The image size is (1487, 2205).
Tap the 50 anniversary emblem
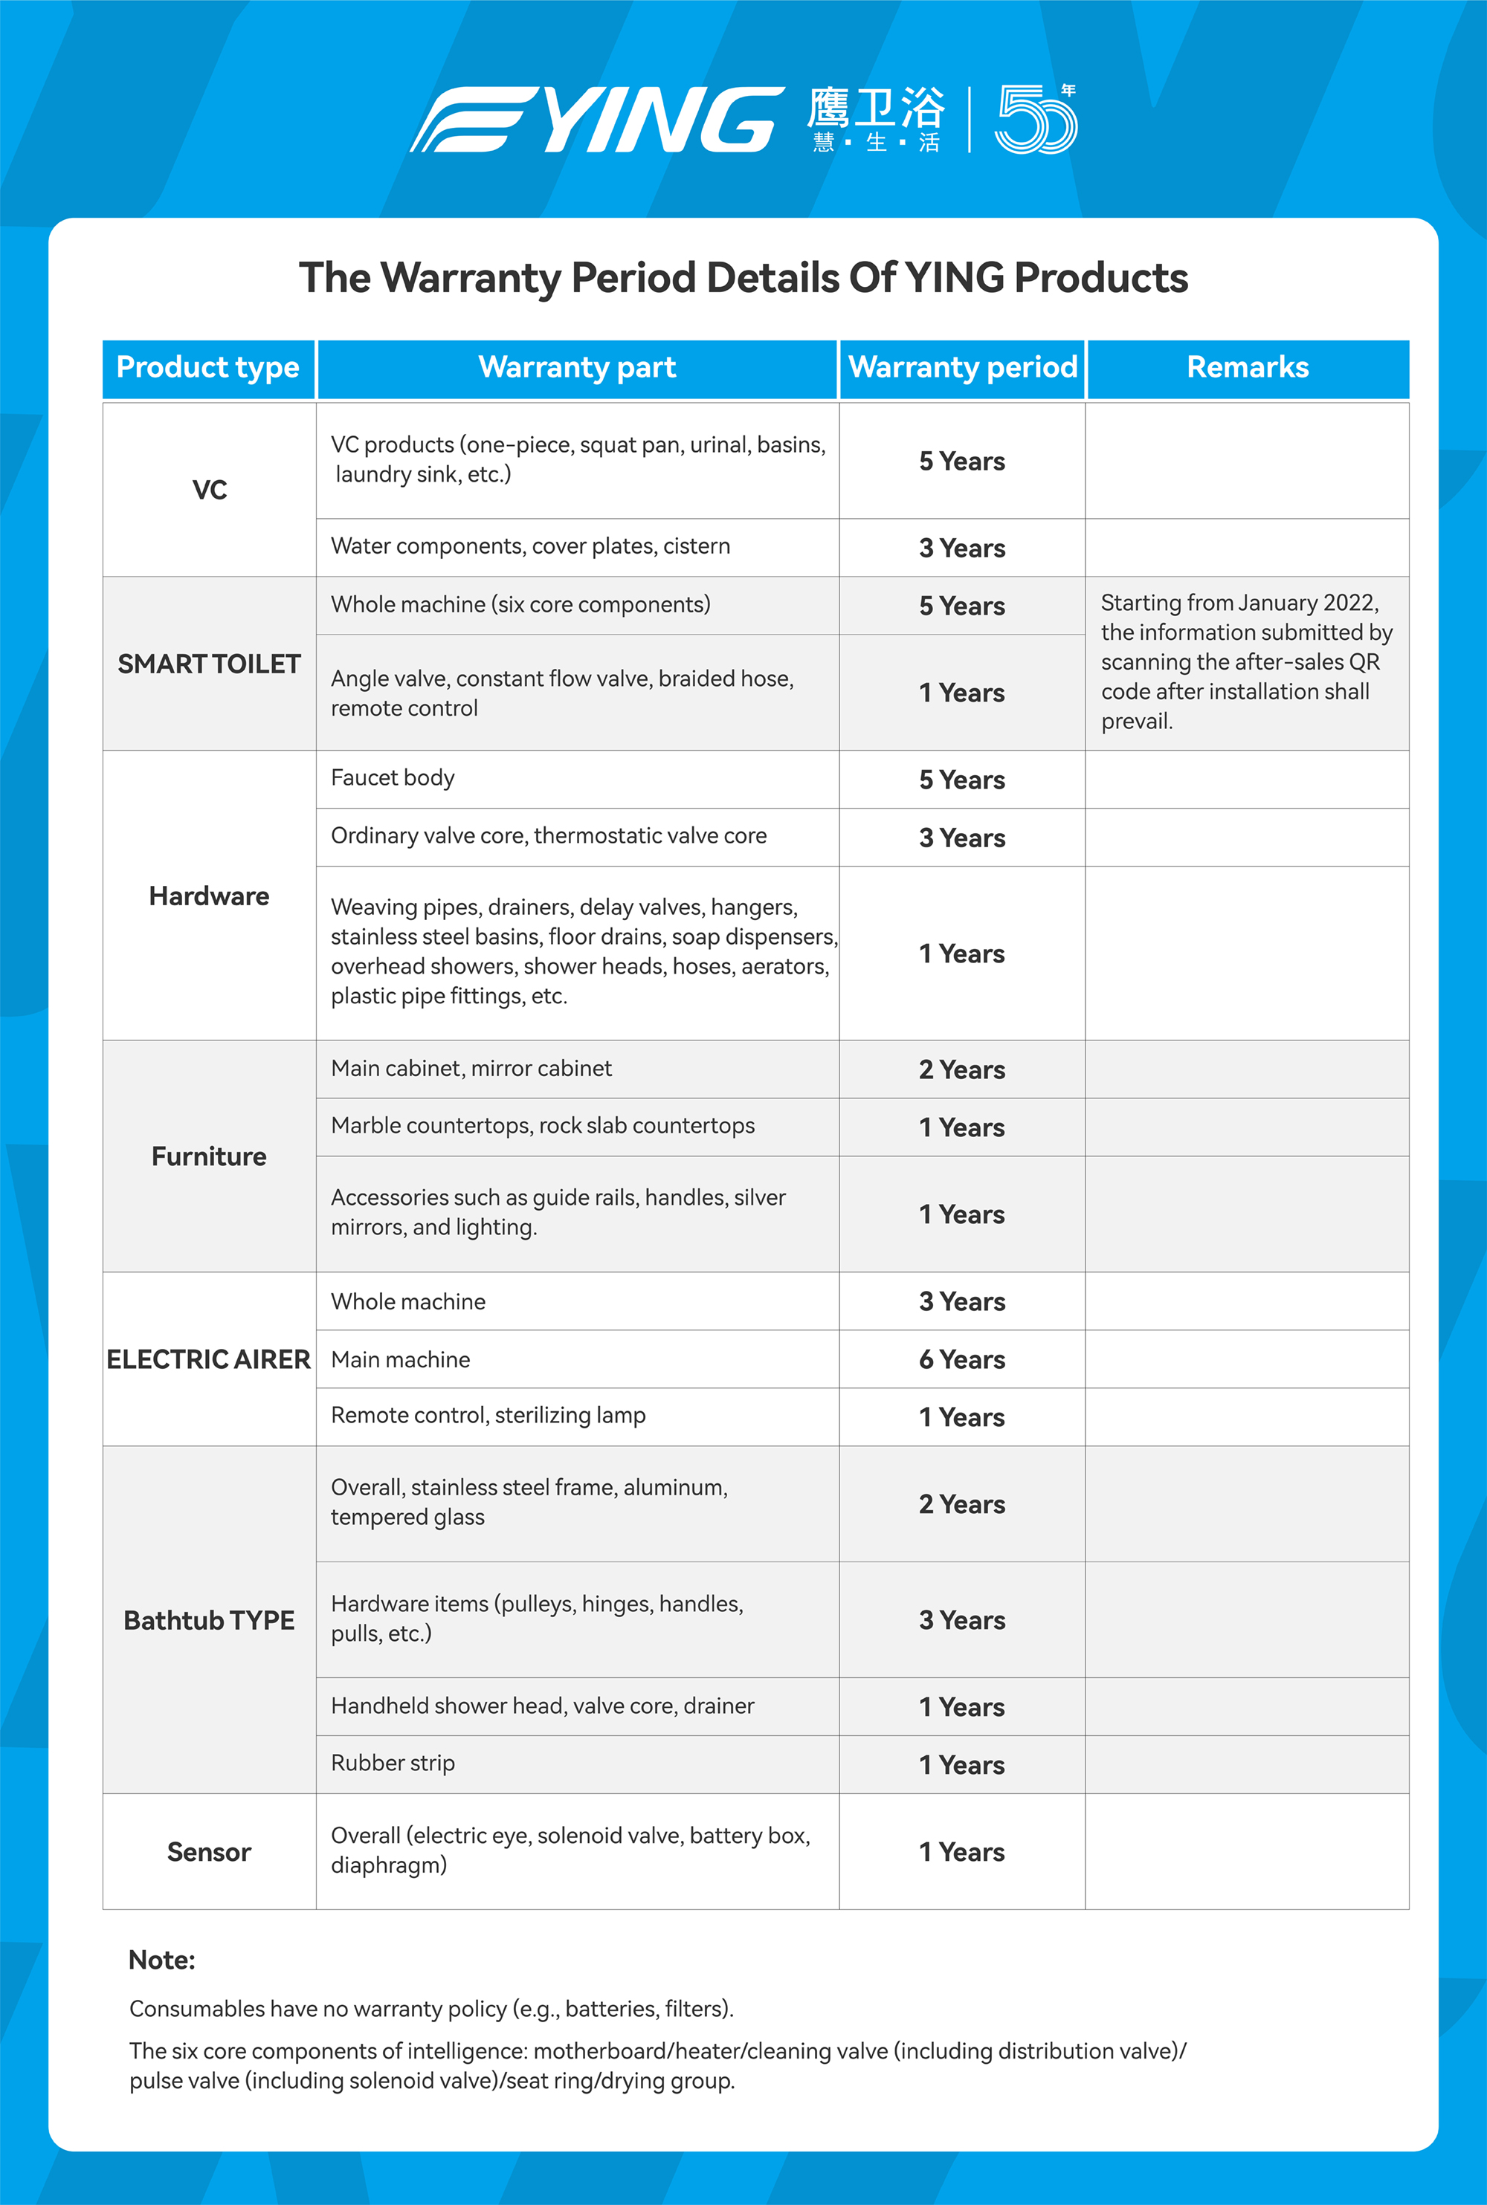(x=1035, y=120)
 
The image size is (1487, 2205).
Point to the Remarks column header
(x=1247, y=368)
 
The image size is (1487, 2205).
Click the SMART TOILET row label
(x=209, y=664)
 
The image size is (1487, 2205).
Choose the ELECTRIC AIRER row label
(x=209, y=1359)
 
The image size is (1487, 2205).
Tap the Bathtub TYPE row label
(x=209, y=1620)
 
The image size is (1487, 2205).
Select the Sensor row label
(x=209, y=1851)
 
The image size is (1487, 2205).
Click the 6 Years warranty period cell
(x=961, y=1359)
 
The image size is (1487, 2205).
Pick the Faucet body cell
(x=393, y=778)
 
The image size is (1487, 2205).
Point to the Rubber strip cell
(x=393, y=1764)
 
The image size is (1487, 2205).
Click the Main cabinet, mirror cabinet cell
(x=471, y=1069)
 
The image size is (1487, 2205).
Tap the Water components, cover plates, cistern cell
(x=530, y=546)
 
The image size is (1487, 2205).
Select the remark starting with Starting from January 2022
(x=1245, y=661)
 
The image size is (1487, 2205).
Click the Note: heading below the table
(x=162, y=1960)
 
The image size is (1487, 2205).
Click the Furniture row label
(x=209, y=1156)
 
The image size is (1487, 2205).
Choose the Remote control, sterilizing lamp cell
(x=488, y=1415)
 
